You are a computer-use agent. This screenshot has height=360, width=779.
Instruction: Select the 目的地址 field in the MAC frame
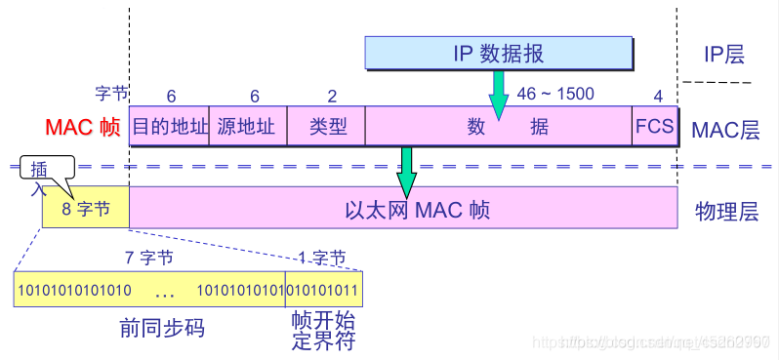point(169,127)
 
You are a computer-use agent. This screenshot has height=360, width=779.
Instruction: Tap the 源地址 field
point(247,127)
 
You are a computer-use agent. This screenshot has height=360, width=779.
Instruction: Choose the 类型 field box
point(326,127)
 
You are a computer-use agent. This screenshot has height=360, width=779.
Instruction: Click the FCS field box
point(654,127)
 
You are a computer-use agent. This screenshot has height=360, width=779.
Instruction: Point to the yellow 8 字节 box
point(86,208)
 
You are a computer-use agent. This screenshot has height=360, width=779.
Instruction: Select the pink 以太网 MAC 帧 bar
point(403,208)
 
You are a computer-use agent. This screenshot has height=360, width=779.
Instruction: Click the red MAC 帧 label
point(82,128)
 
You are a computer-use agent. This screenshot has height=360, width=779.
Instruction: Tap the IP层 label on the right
point(723,55)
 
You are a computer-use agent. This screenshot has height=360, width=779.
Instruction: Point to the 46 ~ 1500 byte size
point(555,95)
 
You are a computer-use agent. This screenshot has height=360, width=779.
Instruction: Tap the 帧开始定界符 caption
point(323,332)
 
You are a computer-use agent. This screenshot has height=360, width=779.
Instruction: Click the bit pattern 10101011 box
point(323,291)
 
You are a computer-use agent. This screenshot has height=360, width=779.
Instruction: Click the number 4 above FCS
point(657,96)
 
